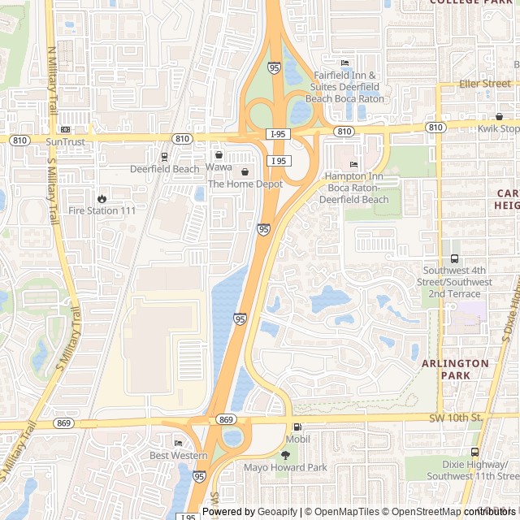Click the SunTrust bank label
[65, 141]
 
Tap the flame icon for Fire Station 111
[102, 198]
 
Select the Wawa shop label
[219, 167]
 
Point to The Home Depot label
[245, 184]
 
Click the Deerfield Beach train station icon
[164, 157]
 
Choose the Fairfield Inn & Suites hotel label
[347, 87]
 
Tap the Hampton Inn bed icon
[353, 165]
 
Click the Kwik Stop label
[499, 129]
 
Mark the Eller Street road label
[485, 84]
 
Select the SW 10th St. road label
[456, 418]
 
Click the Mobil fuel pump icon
[297, 427]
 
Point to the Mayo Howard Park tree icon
[284, 456]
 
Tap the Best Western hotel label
[178, 456]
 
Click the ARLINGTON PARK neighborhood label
[455, 370]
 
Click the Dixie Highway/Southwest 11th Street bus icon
[474, 452]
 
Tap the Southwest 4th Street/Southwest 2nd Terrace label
[457, 276]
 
